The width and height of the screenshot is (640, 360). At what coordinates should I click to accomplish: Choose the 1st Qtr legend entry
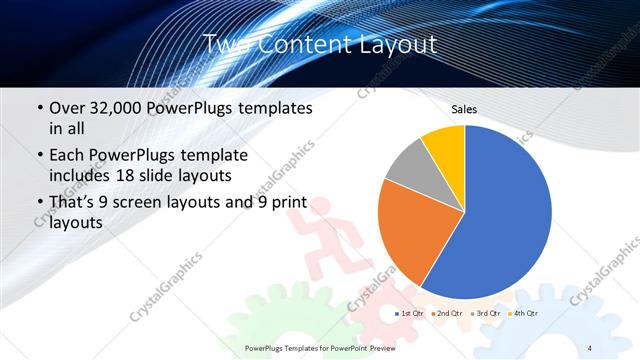(x=411, y=313)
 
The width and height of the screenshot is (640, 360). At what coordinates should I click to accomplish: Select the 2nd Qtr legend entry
(x=447, y=313)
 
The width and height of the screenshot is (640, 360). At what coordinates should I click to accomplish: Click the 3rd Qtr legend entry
(x=484, y=313)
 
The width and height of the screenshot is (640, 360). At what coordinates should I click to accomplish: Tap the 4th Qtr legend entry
(x=521, y=313)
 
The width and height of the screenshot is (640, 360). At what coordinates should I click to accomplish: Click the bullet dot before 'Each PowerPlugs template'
(x=39, y=156)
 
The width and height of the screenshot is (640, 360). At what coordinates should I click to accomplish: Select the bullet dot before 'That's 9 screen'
(x=39, y=204)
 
